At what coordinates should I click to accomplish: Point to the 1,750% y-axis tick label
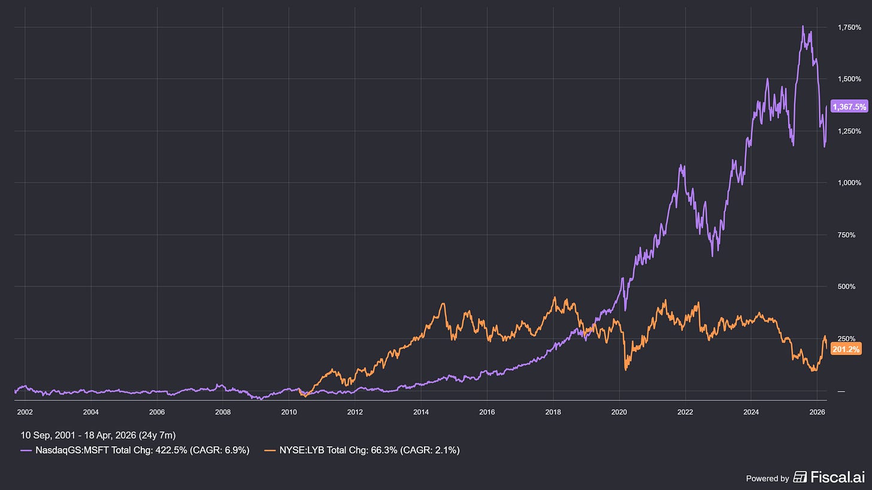845,28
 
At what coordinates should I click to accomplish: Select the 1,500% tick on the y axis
845,79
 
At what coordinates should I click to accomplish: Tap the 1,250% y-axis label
845,131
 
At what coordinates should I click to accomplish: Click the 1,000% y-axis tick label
845,183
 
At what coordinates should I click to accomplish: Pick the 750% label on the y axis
841,235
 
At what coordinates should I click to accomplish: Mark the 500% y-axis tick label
841,287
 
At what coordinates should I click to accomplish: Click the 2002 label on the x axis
25,412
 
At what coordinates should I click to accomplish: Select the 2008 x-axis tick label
223,412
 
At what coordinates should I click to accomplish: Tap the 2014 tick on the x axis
421,412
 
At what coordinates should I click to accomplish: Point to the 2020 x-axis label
619,412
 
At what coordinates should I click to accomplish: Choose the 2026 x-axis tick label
817,412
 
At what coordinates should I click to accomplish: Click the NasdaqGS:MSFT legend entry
135,451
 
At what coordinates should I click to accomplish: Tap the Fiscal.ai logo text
836,477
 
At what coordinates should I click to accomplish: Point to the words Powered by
767,478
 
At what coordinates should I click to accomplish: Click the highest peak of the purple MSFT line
803,26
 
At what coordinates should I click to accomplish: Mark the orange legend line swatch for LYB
270,451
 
